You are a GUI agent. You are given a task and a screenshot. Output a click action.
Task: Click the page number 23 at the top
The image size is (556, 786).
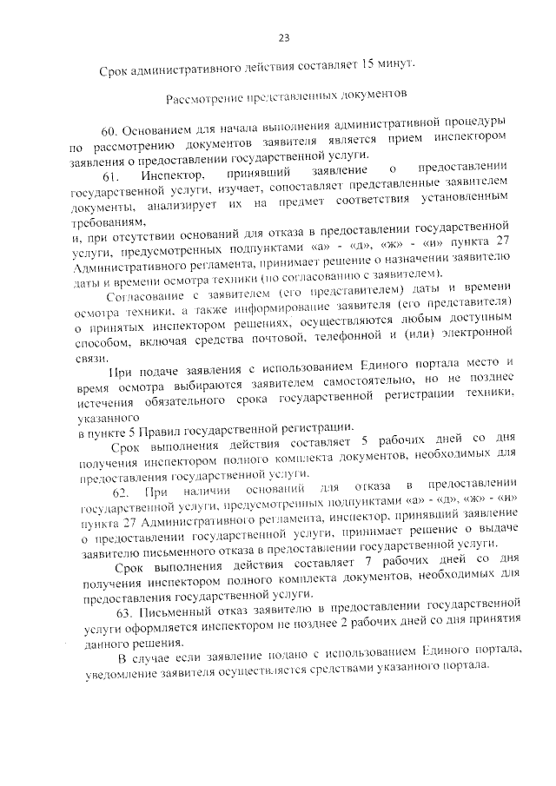tap(283, 37)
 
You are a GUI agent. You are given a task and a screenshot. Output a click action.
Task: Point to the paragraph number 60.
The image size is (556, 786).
tap(110, 131)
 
